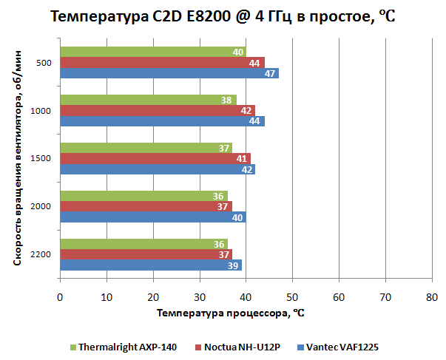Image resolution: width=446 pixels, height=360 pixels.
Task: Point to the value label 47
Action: point(271,73)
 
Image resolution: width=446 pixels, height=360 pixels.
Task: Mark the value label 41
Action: point(243,159)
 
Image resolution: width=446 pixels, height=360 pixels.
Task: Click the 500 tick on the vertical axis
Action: point(44,63)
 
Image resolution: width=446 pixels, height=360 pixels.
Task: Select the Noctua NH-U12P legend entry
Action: point(240,347)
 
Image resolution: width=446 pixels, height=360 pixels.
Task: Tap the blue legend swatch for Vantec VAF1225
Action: point(301,347)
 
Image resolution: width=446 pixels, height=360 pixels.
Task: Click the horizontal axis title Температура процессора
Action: point(231,313)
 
